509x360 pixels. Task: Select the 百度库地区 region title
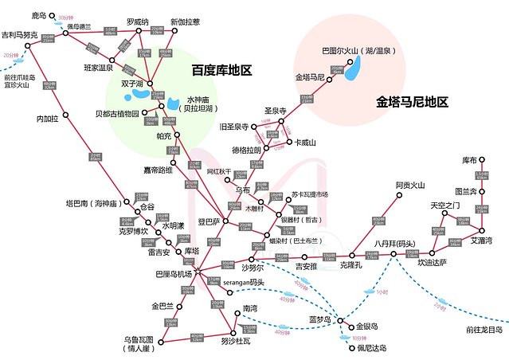(221, 70)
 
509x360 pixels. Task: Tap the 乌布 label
(244, 190)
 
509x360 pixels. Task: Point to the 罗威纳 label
(138, 22)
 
